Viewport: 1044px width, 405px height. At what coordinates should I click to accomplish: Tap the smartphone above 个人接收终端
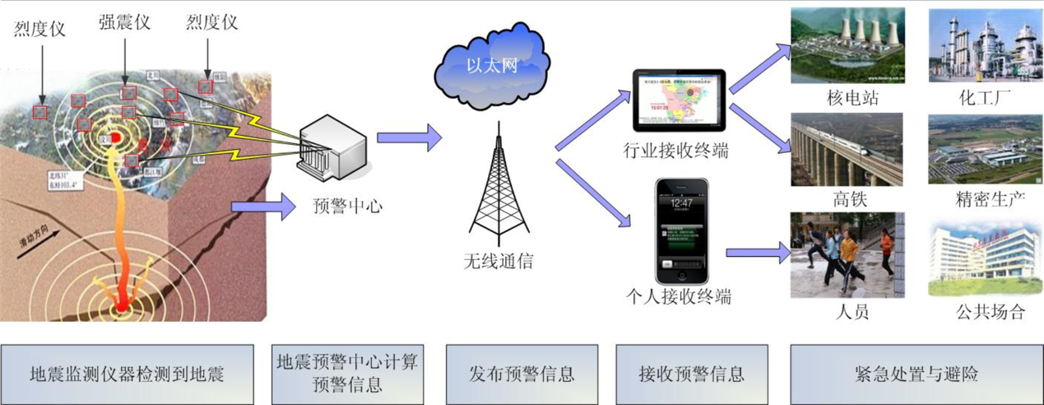pos(681,230)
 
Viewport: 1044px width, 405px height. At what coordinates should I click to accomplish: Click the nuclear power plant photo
pos(847,44)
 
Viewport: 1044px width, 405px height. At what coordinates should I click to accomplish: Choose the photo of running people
pos(847,254)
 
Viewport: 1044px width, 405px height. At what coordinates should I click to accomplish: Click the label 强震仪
pos(124,22)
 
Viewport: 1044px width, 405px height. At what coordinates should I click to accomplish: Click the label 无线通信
pos(498,262)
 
